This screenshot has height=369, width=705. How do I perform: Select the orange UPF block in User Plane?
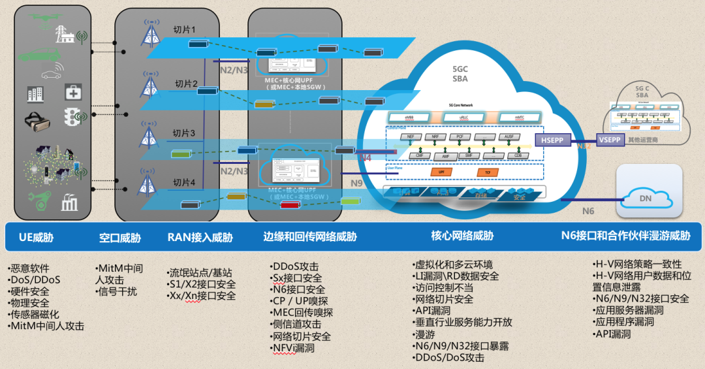441,172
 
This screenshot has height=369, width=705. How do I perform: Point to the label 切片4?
185,182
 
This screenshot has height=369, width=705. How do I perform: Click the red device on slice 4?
290,205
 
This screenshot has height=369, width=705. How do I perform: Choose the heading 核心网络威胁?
462,236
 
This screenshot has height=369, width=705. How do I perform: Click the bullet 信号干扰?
117,291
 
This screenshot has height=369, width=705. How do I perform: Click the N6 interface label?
588,210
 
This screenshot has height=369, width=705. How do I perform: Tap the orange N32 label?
584,146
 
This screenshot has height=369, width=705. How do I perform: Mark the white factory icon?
69,203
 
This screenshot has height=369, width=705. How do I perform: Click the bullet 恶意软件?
30,268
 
